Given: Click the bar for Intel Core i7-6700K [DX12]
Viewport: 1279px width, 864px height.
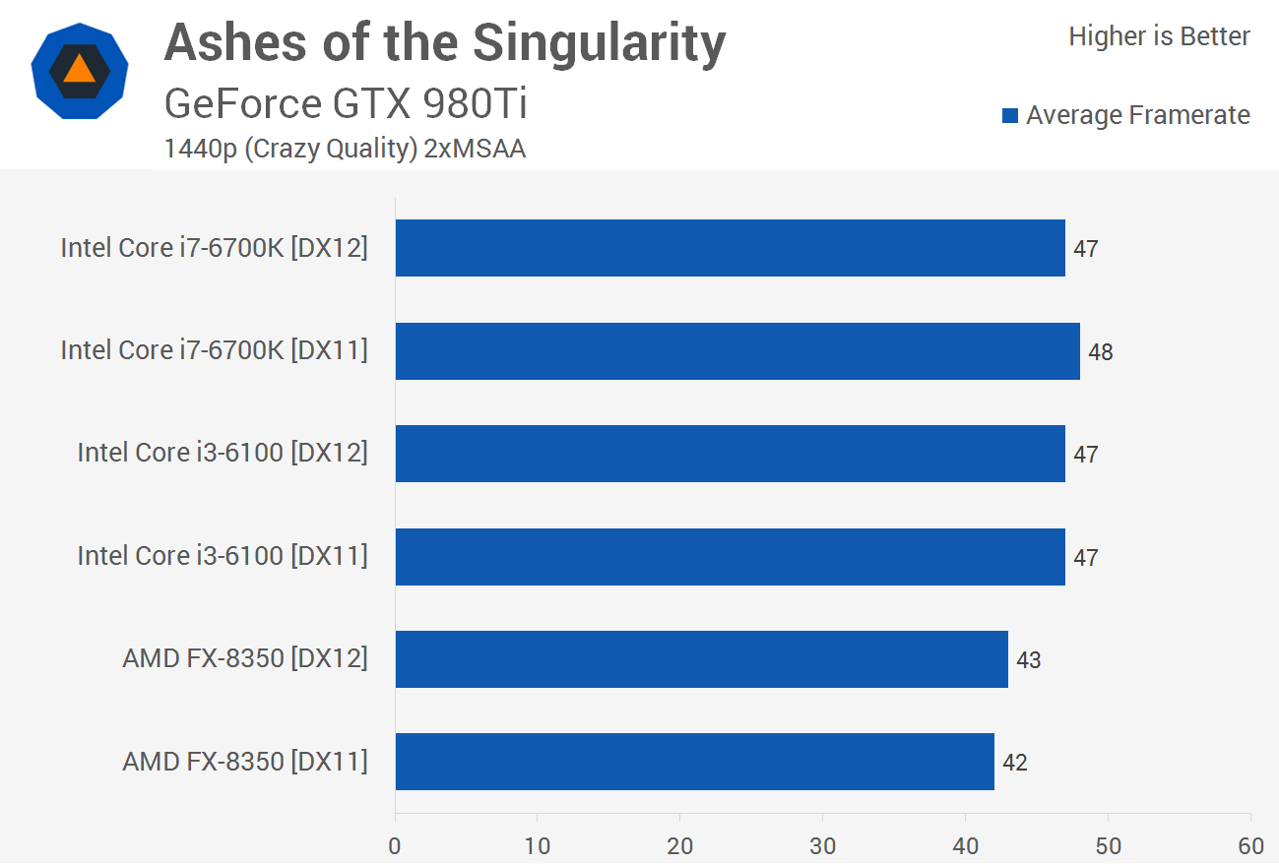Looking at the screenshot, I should [x=730, y=248].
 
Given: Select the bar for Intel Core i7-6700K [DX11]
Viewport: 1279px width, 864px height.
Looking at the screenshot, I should [x=737, y=351].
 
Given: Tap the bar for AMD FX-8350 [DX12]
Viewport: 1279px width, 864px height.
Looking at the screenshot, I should [x=701, y=659].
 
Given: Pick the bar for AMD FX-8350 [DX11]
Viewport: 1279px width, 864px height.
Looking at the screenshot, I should [x=694, y=762].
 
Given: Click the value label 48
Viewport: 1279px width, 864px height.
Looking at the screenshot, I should [x=1100, y=352].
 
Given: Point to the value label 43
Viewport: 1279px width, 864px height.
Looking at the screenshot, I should [x=1028, y=660].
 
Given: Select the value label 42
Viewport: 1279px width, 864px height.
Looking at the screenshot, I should [x=1014, y=763].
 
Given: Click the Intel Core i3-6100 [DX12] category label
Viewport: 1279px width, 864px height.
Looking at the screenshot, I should [x=223, y=453].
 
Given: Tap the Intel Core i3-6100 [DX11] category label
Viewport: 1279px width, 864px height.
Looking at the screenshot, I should [x=223, y=556].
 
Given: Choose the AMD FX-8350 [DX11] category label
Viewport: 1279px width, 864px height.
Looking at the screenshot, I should [x=245, y=762].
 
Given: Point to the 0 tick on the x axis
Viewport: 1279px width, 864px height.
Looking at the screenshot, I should [x=395, y=846].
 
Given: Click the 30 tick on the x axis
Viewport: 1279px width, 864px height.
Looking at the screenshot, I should [x=822, y=846].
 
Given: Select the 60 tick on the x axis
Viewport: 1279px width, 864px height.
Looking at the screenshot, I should [x=1250, y=846].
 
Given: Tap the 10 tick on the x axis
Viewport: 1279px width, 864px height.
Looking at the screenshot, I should [x=538, y=846].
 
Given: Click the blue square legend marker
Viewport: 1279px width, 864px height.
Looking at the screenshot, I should [x=1009, y=116].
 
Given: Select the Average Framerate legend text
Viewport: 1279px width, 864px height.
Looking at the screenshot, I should [x=1137, y=116].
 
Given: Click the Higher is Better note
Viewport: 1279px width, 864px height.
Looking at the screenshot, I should [x=1159, y=37].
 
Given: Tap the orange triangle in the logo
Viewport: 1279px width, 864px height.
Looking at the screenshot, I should [x=79, y=69].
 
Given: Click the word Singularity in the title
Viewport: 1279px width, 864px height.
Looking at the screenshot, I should [x=599, y=43].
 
